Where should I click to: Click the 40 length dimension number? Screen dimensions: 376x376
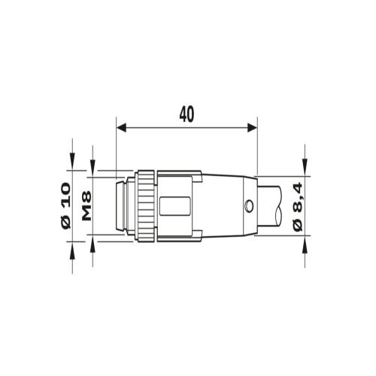pos(186,114)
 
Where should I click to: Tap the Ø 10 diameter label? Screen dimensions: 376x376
pos(66,205)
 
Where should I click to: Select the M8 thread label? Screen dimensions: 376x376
pos(86,205)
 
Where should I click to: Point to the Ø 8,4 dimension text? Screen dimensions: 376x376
pos(298,207)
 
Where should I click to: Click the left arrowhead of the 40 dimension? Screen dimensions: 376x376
pos(121,127)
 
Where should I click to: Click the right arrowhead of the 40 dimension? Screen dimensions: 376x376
pos(253,127)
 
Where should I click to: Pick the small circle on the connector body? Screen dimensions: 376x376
pos(249,206)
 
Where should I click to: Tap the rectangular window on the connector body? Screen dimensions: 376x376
pos(174,206)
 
